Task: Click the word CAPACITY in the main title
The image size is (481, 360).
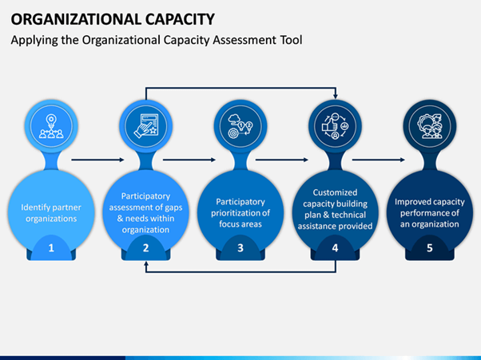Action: [180, 19]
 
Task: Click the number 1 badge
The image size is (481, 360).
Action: [51, 248]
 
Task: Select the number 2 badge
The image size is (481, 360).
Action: [145, 248]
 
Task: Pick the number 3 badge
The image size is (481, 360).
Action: [240, 248]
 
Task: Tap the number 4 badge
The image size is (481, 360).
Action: [335, 248]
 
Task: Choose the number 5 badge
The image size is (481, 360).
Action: [430, 248]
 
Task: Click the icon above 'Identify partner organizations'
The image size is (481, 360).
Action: [51, 126]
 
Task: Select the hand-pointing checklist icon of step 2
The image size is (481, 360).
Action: [146, 126]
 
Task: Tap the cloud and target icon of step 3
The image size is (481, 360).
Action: [240, 126]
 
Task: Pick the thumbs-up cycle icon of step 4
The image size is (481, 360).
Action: [335, 126]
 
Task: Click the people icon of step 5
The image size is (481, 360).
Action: [430, 126]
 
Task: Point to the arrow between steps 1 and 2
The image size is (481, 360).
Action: [97, 160]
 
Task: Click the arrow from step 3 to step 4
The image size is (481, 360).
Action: [282, 160]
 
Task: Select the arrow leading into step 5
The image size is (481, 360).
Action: [379, 160]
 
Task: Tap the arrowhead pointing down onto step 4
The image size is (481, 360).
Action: [336, 97]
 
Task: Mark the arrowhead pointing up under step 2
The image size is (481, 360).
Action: [146, 263]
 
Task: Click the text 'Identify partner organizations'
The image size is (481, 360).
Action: [51, 213]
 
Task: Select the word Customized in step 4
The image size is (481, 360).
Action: [335, 192]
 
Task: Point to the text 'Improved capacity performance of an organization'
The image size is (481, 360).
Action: [430, 213]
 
